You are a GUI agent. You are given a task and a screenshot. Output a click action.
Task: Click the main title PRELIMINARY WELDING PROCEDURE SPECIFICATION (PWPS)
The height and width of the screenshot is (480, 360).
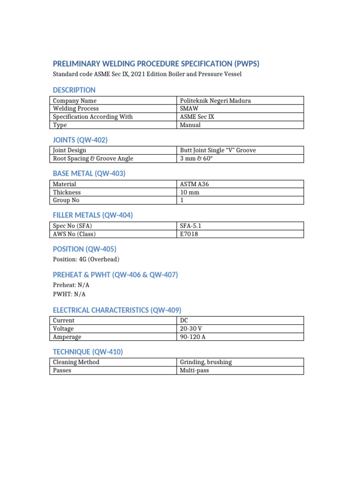pyautogui.click(x=156, y=64)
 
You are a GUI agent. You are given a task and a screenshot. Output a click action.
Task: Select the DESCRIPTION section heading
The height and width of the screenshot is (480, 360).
pyautogui.click(x=74, y=90)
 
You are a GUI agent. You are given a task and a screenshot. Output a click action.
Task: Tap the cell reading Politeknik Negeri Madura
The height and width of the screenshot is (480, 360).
pyautogui.click(x=216, y=100)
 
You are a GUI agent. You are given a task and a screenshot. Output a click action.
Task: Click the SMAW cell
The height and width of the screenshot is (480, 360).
pyautogui.click(x=189, y=108)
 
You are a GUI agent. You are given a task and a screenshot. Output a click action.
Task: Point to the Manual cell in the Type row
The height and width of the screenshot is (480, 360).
pyautogui.click(x=190, y=125)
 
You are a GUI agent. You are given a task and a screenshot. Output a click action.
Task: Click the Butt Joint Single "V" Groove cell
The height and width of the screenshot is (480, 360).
pyautogui.click(x=218, y=150)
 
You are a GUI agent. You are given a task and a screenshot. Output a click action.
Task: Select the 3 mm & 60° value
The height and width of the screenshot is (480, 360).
pyautogui.click(x=195, y=158)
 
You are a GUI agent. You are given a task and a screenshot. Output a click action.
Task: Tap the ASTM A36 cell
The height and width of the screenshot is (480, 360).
pyautogui.click(x=195, y=184)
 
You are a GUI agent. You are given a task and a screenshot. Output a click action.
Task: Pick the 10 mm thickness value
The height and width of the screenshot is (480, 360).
pyautogui.click(x=190, y=192)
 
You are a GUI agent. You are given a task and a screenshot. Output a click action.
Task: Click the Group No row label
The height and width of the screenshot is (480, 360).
pyautogui.click(x=66, y=200)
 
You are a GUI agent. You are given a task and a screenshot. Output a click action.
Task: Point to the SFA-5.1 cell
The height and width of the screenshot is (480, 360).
pyautogui.click(x=191, y=226)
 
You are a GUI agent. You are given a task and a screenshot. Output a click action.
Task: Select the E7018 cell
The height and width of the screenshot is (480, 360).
pyautogui.click(x=189, y=234)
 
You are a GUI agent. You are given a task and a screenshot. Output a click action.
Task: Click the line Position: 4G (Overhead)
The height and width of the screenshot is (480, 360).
pyautogui.click(x=86, y=259)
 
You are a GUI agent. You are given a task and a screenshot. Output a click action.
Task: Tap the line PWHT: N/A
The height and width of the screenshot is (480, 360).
pyautogui.click(x=69, y=294)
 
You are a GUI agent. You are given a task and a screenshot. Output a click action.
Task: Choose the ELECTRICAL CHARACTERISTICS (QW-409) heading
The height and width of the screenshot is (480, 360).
pyautogui.click(x=117, y=310)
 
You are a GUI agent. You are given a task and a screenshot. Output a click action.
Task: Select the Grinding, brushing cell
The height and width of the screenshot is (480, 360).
pyautogui.click(x=206, y=362)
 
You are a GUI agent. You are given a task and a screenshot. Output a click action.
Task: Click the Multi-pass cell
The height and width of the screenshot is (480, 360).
pyautogui.click(x=195, y=370)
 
